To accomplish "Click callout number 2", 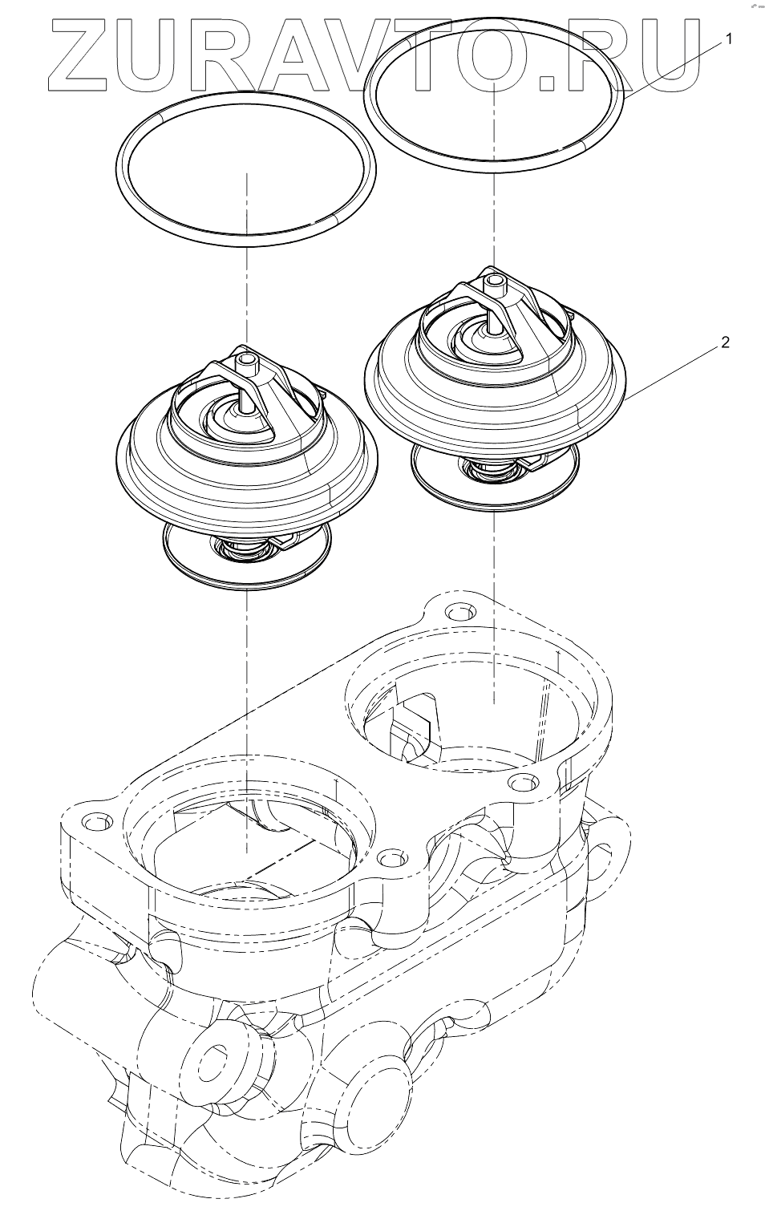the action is click(725, 342).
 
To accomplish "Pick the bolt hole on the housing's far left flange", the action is click(95, 823).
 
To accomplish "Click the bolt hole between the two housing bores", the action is click(391, 859).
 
